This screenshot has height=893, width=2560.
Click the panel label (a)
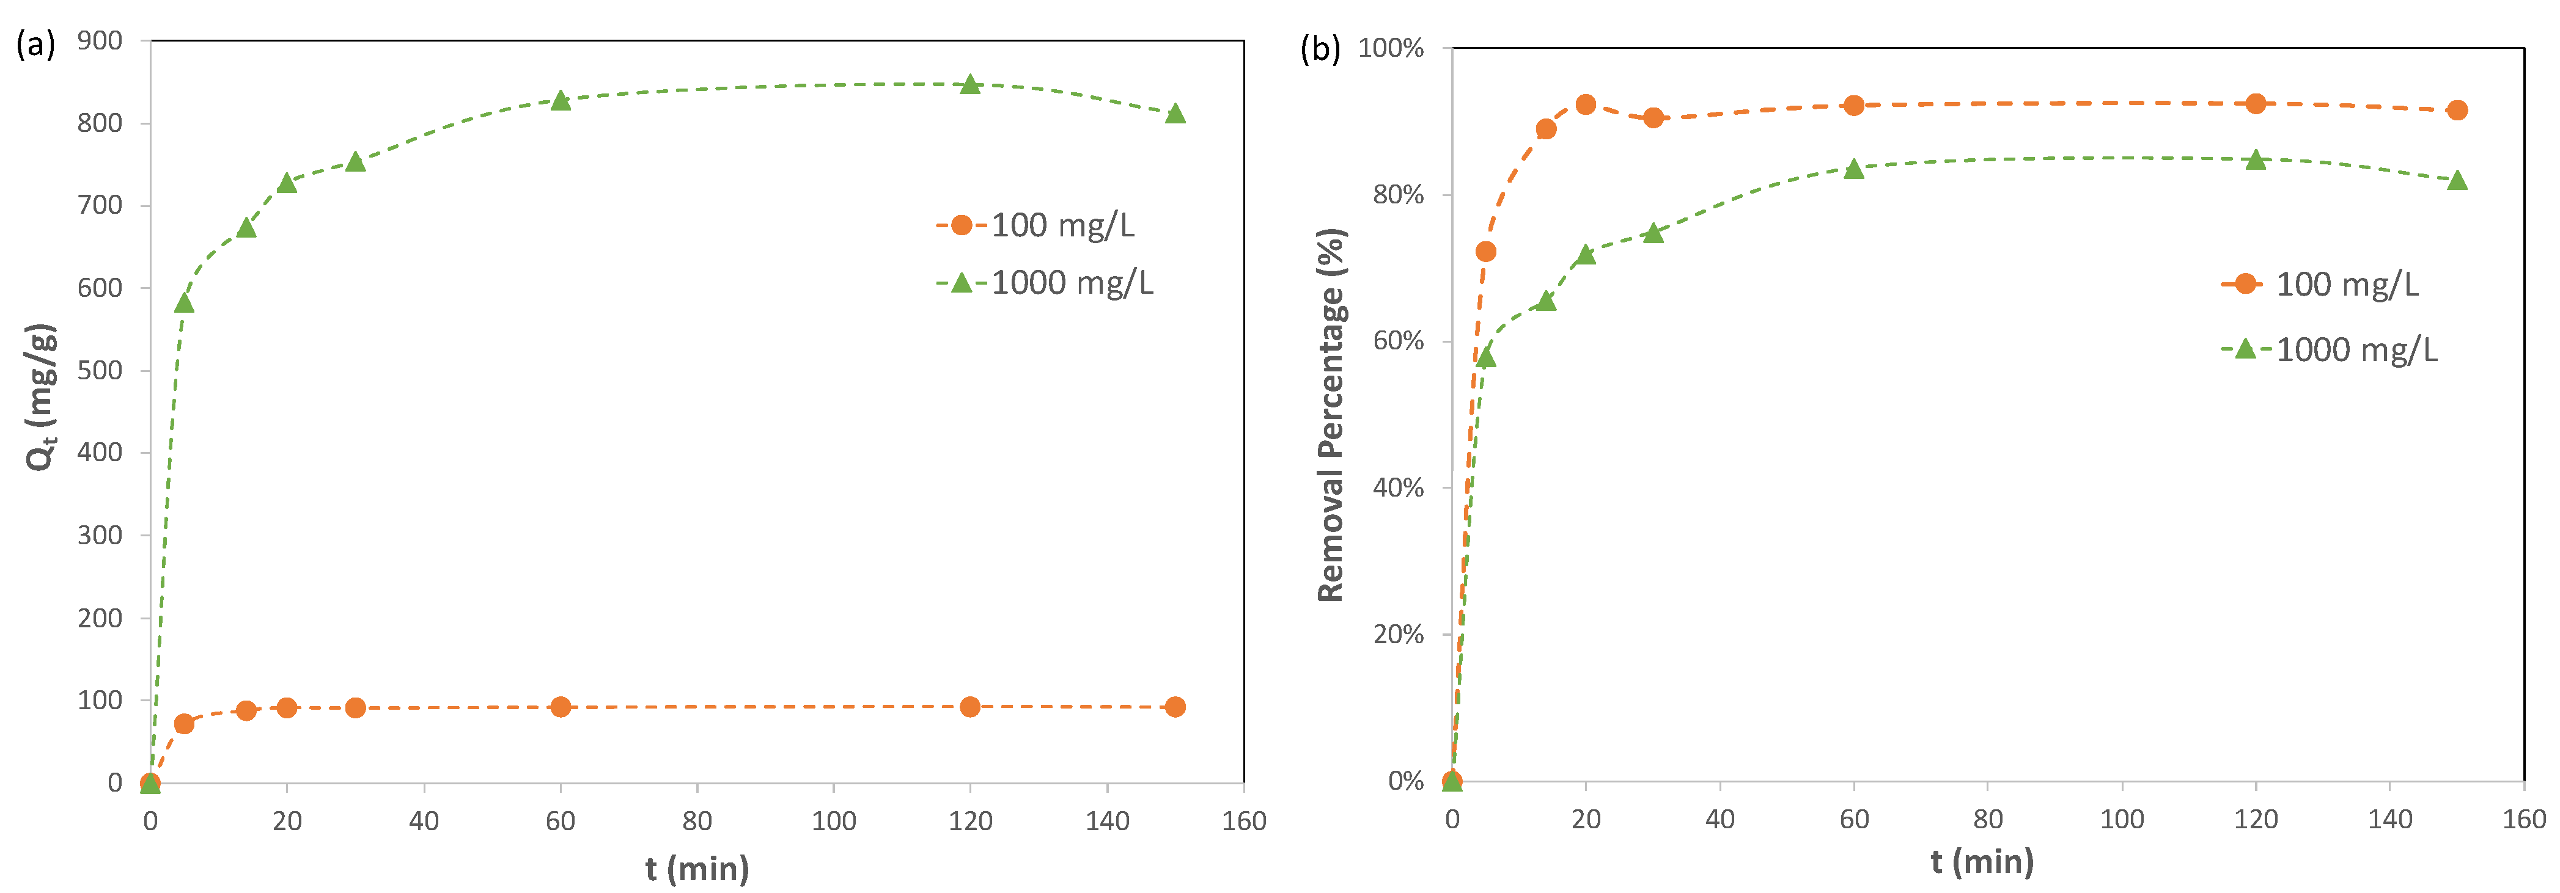point(36,45)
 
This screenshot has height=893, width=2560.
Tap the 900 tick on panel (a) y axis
point(100,41)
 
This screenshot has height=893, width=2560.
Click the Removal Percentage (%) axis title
point(1331,415)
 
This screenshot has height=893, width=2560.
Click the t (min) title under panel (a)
point(697,869)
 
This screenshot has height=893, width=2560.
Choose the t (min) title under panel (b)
point(1982,861)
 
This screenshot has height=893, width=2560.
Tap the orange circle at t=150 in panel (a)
point(1175,707)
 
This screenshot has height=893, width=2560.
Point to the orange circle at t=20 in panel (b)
point(1586,105)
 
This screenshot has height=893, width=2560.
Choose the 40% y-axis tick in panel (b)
point(1397,487)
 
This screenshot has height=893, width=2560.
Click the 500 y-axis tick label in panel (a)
point(100,371)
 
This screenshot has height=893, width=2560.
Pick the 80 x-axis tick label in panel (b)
point(1988,820)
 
